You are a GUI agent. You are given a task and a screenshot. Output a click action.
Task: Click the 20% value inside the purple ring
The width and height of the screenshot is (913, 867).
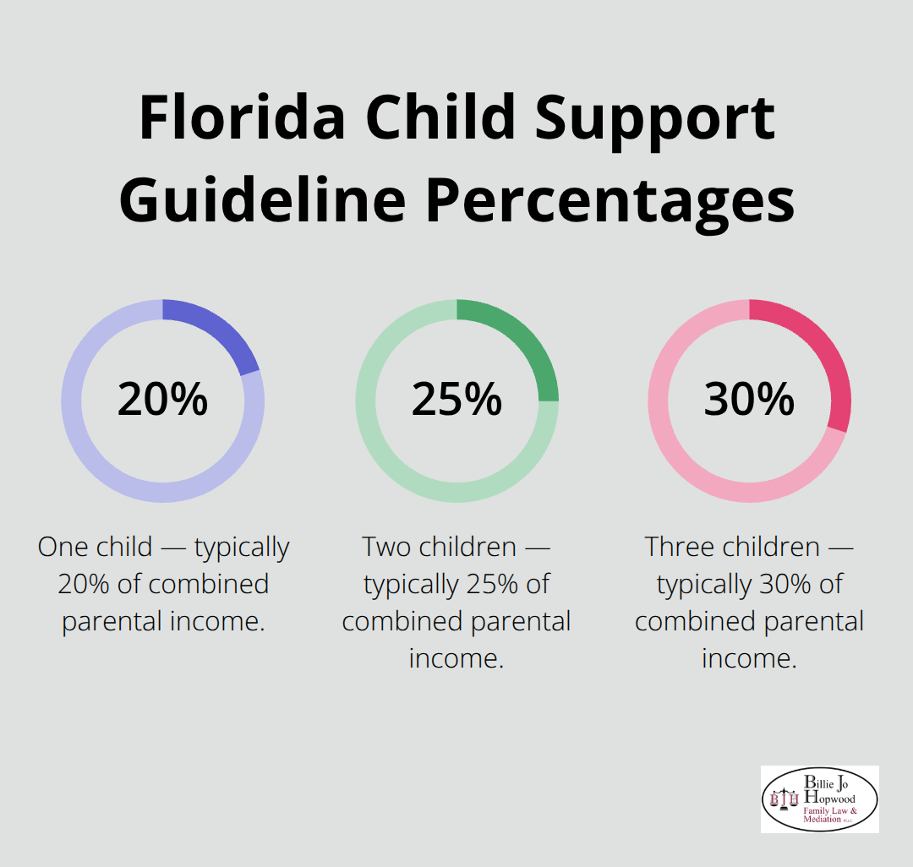[x=162, y=400]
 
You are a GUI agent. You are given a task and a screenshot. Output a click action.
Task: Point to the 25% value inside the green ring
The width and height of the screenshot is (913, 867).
[x=456, y=400]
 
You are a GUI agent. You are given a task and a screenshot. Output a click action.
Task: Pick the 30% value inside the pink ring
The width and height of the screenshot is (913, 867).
[x=749, y=400]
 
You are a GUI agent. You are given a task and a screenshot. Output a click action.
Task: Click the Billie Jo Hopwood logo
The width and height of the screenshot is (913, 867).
[x=819, y=799]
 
